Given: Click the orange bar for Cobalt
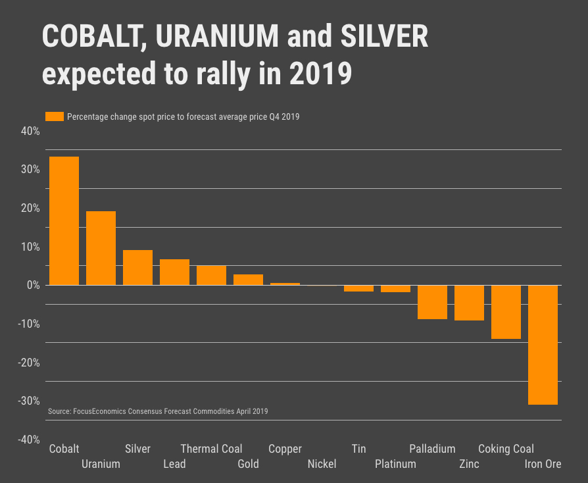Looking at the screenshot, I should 64,220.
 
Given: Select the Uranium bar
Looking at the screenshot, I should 101,248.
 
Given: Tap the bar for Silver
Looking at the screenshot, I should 137,267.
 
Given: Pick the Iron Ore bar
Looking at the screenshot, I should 543,345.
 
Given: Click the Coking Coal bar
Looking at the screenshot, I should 506,312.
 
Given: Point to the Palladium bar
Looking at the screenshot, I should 432,302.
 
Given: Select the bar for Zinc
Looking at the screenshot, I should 469,303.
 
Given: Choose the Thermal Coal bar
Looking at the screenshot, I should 211,275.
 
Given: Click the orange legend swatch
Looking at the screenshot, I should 54,116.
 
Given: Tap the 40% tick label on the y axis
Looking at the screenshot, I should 31,131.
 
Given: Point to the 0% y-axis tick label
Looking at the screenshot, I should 33,286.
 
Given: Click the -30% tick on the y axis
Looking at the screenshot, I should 29,401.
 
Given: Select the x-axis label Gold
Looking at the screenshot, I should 248,464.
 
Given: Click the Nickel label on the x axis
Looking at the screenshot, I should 322,464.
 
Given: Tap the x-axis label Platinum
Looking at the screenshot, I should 395,464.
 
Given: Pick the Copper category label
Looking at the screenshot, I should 285,449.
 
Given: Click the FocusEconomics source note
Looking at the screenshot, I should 158,411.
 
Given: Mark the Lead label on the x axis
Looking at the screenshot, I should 174,464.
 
